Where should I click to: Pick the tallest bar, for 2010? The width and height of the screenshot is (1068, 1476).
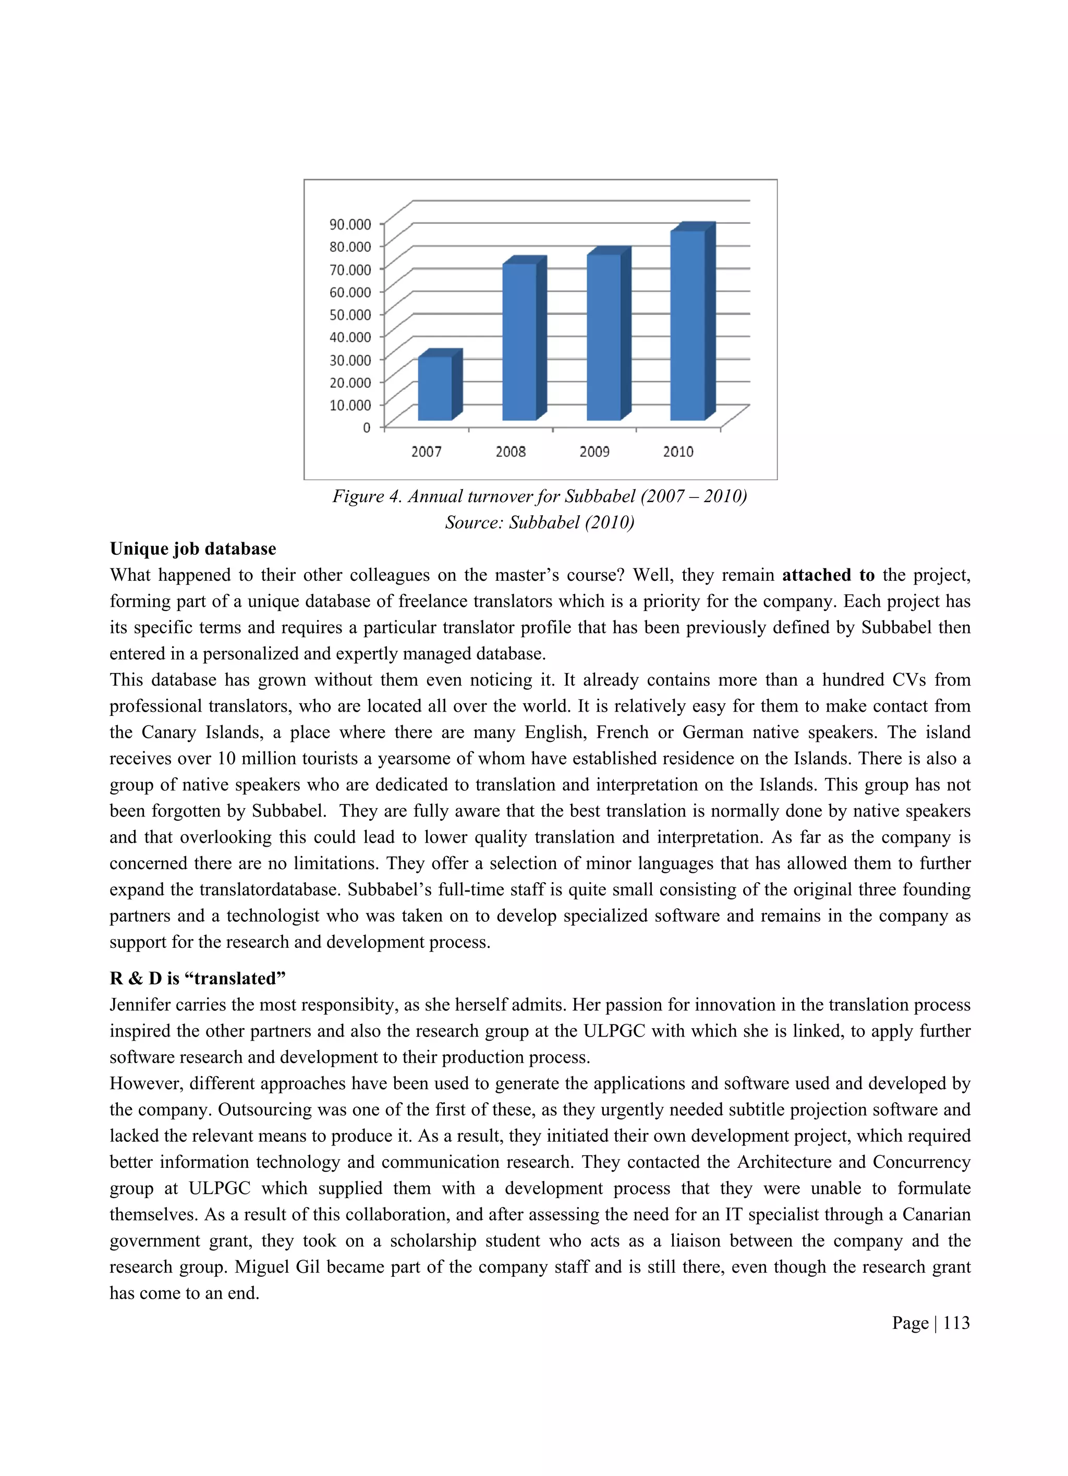coord(687,325)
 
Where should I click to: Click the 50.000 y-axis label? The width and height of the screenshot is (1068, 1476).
coord(350,315)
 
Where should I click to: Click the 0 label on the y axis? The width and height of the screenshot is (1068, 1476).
coord(367,428)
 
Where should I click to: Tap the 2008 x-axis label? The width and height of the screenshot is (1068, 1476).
coord(510,452)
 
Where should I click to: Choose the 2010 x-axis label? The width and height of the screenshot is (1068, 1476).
coord(678,452)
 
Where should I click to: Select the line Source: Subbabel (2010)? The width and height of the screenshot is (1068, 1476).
coord(540,522)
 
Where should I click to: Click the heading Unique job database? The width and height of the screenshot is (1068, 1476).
coord(192,548)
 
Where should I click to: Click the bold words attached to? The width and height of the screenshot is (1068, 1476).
coord(828,575)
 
